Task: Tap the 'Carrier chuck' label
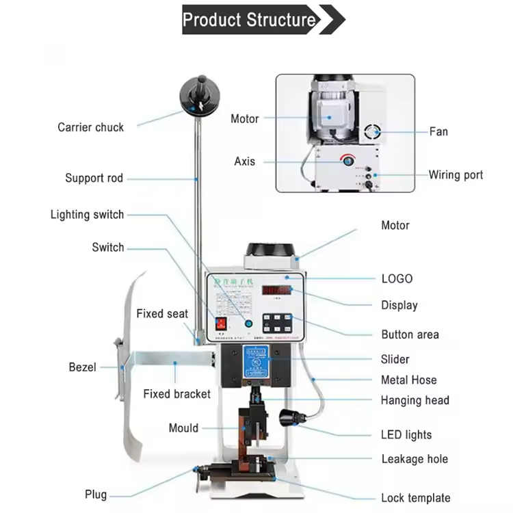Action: (90, 127)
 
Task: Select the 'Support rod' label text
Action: (94, 179)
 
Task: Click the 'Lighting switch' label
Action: (87, 215)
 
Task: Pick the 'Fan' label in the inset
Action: (438, 131)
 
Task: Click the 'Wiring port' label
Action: (456, 175)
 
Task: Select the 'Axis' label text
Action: (244, 161)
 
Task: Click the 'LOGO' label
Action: (397, 279)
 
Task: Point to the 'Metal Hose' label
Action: (408, 380)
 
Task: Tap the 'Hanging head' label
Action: (415, 400)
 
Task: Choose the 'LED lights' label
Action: (406, 435)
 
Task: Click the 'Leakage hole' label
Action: (415, 459)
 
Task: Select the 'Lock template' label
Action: (415, 498)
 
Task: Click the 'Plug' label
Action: (96, 495)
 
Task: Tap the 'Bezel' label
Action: (82, 367)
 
